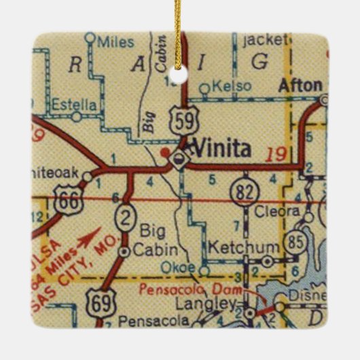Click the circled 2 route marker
click(126, 217)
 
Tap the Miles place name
click(116, 42)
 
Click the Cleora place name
click(276, 211)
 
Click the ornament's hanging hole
click(179, 77)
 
